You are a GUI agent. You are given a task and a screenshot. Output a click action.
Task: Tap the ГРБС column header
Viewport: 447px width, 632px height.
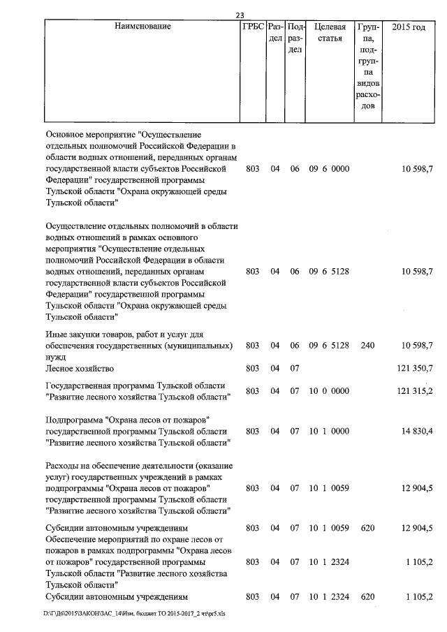tap(252, 27)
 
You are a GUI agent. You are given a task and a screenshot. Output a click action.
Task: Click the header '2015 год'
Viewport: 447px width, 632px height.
tap(409, 27)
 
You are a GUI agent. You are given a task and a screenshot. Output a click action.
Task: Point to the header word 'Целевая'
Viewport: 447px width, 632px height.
tap(330, 27)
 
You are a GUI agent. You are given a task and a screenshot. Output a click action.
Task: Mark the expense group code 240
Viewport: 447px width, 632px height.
tap(368, 346)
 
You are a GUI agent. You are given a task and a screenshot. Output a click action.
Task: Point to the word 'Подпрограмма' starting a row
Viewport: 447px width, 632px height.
tap(73, 419)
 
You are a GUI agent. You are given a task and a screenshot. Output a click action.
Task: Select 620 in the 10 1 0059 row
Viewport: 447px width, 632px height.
tap(368, 528)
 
